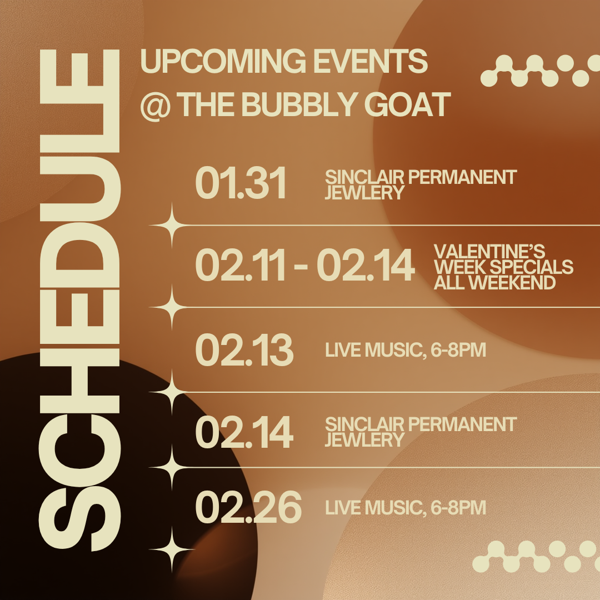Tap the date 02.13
point(244,351)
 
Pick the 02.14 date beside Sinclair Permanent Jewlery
point(244,433)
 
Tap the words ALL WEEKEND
point(494,283)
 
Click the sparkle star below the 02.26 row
point(171,550)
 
